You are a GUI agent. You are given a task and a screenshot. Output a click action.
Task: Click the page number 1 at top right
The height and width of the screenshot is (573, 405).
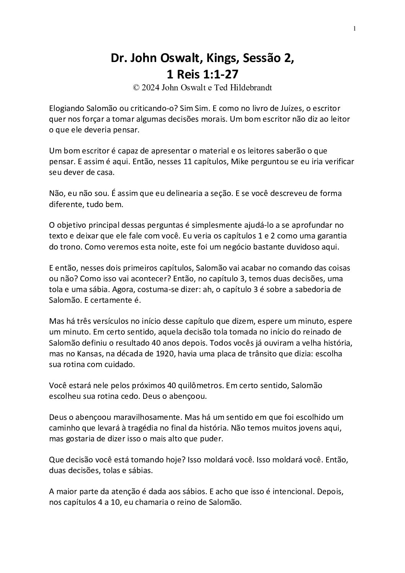pyautogui.click(x=354, y=28)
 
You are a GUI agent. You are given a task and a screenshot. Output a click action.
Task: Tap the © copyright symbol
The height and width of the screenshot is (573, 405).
pyautogui.click(x=136, y=87)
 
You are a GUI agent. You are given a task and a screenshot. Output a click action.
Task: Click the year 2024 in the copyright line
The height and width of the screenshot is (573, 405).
pyautogui.click(x=151, y=87)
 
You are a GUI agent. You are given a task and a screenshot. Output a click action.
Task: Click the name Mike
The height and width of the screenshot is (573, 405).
pyautogui.click(x=240, y=162)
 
